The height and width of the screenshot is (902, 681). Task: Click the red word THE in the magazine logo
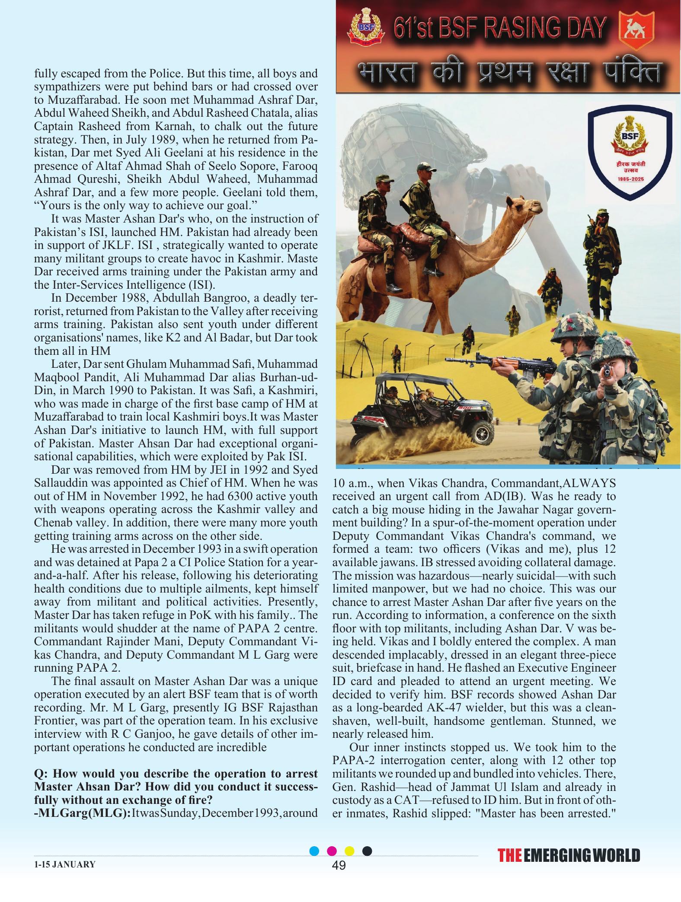pos(510,855)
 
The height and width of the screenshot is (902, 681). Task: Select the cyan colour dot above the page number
pos(315,851)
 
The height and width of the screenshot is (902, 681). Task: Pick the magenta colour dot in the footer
pos(332,851)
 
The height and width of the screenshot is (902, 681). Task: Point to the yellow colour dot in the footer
pos(349,851)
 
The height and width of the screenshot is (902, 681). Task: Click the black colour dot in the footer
pos(367,851)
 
